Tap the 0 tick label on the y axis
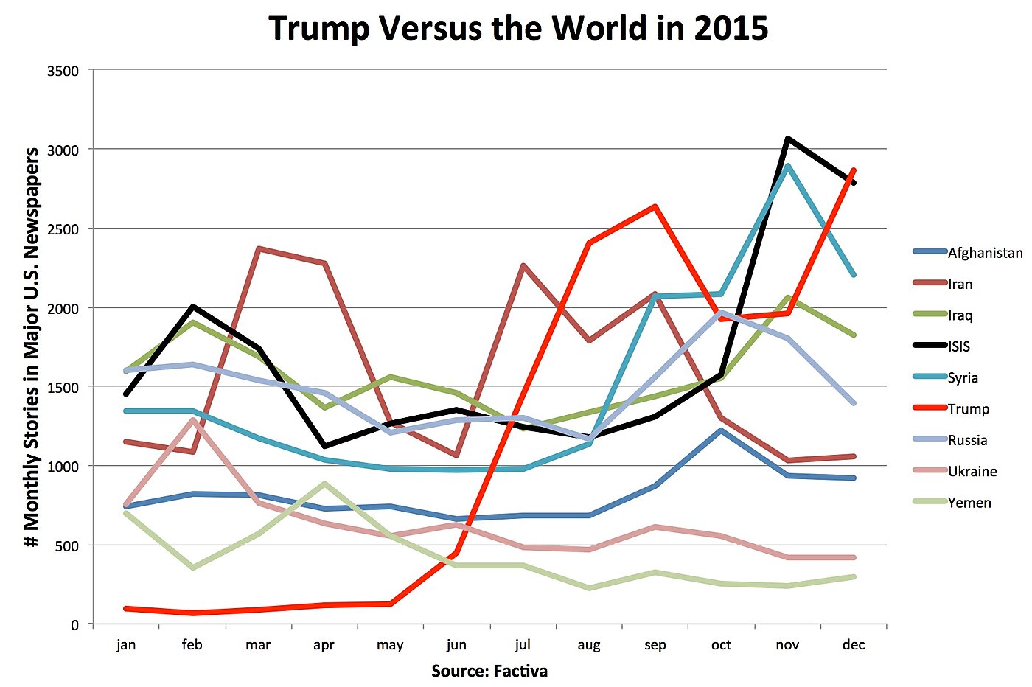[74, 625]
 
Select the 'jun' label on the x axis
[456, 645]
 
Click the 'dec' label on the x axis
[853, 645]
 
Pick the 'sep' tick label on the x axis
[655, 645]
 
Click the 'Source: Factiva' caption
[489, 672]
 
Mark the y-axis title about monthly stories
[31, 347]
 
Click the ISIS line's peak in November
[787, 139]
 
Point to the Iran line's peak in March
[259, 249]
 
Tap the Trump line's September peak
[655, 206]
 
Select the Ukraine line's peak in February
[192, 420]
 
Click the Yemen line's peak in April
[324, 484]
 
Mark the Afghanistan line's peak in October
[721, 430]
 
